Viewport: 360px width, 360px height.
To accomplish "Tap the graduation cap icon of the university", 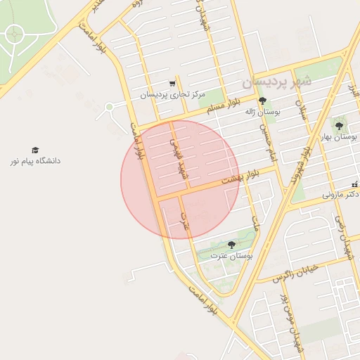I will (x=35, y=150).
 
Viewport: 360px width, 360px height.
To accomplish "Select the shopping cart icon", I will (x=172, y=83).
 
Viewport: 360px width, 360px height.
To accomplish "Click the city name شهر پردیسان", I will (x=276, y=82).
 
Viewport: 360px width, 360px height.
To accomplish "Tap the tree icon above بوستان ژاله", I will (x=263, y=101).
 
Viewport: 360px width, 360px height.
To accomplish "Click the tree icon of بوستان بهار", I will (x=339, y=126).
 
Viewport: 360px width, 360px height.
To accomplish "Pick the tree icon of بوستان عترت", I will (x=231, y=245).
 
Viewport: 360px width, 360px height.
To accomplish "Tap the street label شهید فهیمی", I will (x=176, y=153).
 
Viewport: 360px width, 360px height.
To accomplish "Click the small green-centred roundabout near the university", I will (x=109, y=107).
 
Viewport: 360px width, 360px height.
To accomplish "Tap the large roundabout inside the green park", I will (x=14, y=33).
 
